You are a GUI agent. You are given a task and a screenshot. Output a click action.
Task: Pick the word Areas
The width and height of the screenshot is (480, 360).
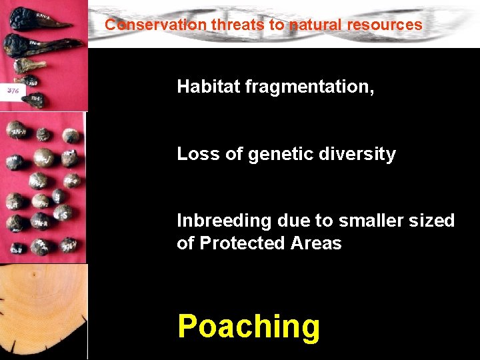click(317, 243)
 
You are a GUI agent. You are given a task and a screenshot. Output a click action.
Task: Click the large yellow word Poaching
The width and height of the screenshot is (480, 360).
click(249, 327)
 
